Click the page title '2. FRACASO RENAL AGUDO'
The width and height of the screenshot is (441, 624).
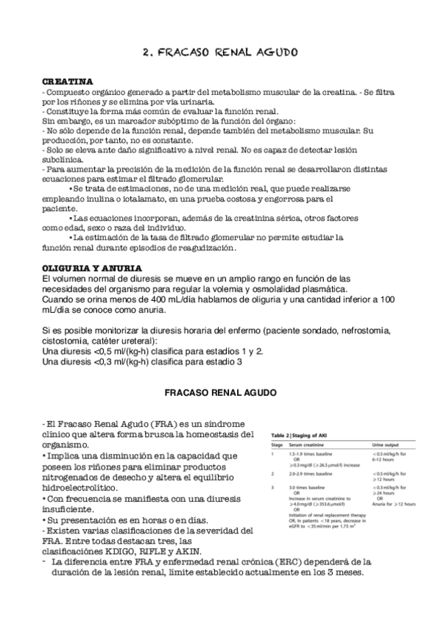219,53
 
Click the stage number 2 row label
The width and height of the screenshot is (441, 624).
273,474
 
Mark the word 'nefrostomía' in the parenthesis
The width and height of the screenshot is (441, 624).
367,324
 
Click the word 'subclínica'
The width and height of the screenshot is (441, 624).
65,157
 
